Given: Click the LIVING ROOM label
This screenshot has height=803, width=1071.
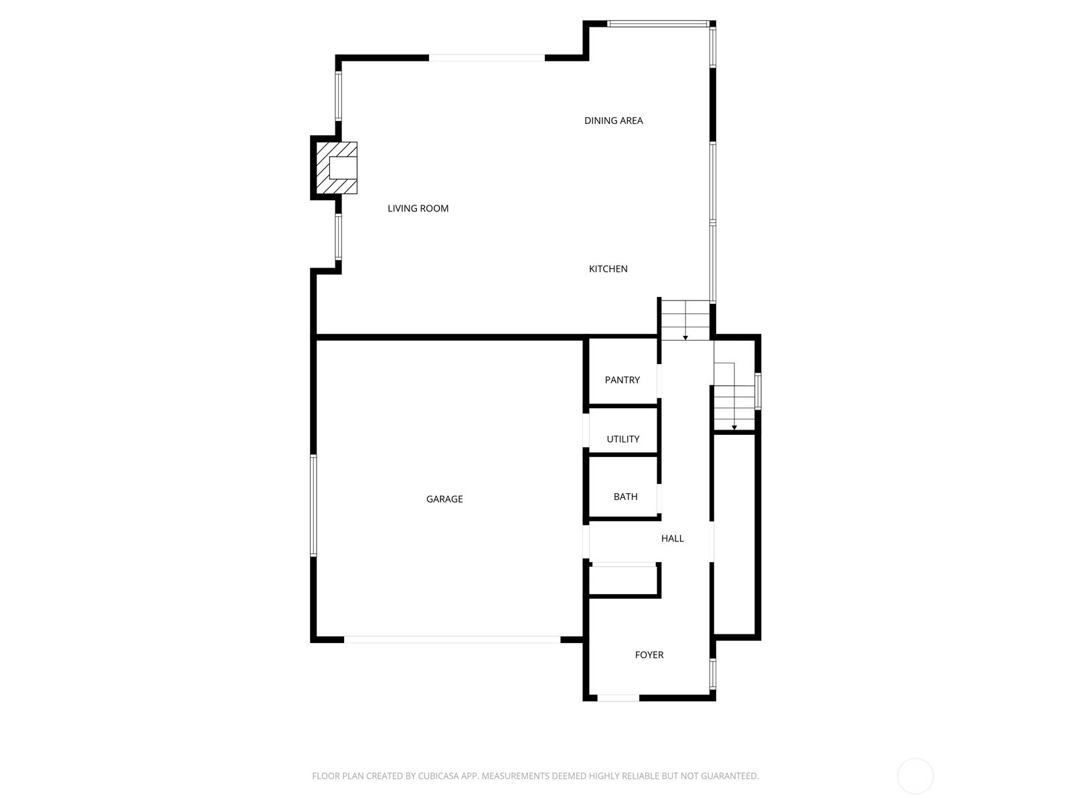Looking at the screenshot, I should (418, 209).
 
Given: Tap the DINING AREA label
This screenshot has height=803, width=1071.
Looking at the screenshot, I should (613, 121).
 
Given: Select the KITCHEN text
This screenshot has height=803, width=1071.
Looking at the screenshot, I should (608, 269).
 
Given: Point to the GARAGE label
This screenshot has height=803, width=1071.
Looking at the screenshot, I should (444, 499).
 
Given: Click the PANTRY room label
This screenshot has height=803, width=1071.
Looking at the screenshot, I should (622, 380).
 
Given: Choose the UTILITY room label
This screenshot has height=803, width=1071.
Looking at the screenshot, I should (623, 440).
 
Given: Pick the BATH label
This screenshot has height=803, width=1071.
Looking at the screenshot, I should (625, 497).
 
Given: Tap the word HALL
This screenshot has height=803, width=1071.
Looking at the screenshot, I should (672, 539).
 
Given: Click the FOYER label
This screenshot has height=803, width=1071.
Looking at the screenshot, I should (649, 655).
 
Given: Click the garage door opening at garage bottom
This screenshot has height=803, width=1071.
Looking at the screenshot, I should (452, 640).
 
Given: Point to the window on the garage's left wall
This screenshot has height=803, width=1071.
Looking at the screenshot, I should (313, 506).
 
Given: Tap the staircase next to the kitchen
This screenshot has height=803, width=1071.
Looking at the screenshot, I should (685, 321).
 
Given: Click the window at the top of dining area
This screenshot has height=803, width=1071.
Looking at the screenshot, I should (657, 24).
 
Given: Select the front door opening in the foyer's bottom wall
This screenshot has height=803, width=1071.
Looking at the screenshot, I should (618, 698).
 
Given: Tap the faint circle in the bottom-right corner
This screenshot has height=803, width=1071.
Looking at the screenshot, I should (915, 776).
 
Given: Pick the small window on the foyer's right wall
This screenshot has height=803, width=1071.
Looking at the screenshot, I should (713, 674).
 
